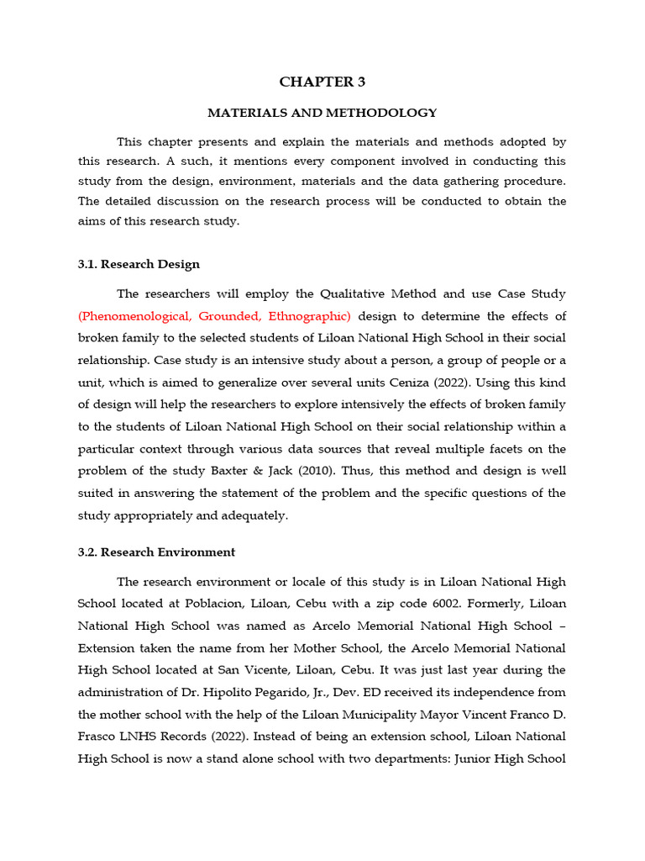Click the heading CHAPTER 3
tap(322, 82)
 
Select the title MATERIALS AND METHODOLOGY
tap(322, 112)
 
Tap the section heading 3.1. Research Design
tap(139, 264)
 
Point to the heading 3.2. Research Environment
tap(156, 552)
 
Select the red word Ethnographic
tap(307, 316)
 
